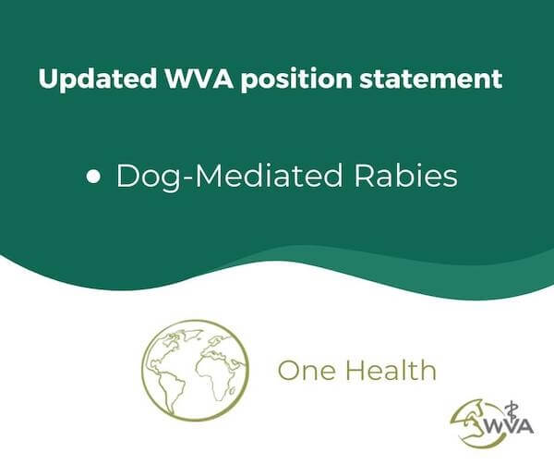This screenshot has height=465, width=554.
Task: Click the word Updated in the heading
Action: click(98, 80)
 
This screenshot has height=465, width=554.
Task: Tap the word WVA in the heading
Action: click(199, 79)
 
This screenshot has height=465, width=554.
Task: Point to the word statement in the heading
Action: click(431, 79)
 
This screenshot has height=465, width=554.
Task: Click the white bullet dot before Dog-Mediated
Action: click(93, 176)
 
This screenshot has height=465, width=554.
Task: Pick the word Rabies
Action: click(405, 175)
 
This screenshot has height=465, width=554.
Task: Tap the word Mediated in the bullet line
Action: click(269, 175)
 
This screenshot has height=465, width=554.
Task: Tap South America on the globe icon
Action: click(172, 392)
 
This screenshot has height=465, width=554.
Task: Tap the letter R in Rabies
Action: click(364, 175)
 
